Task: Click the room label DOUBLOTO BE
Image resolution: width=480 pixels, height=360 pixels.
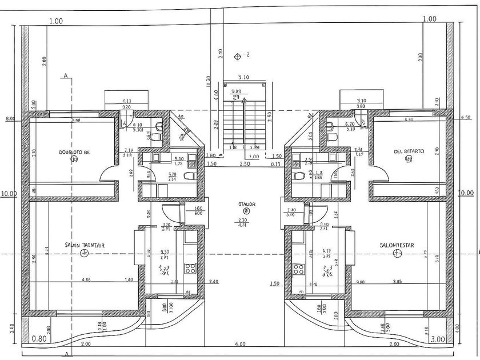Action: (74, 152)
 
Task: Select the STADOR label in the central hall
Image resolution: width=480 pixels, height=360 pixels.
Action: (247, 204)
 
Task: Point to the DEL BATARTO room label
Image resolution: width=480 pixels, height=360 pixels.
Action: (409, 151)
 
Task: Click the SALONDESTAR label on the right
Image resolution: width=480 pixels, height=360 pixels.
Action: (397, 246)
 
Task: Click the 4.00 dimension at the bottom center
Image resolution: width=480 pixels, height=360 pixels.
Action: (240, 344)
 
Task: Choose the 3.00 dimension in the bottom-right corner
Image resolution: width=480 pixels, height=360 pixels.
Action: (438, 339)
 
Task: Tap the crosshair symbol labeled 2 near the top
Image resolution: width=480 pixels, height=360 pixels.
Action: (238, 55)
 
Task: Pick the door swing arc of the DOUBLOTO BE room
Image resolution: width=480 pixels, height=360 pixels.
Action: (108, 174)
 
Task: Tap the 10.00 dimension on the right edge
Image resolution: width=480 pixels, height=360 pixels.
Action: (467, 193)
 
